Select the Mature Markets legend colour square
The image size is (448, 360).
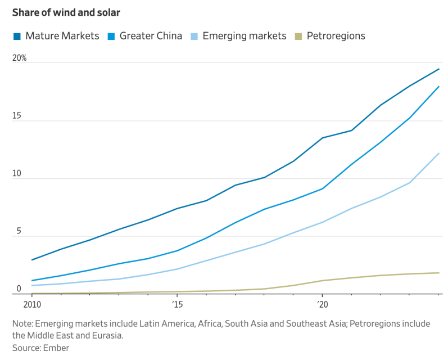click(x=17, y=37)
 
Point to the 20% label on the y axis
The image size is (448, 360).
click(x=19, y=58)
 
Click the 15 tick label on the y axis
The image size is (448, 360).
click(x=16, y=116)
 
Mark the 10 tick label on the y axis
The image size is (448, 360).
click(x=16, y=174)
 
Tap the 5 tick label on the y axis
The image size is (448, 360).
click(x=19, y=232)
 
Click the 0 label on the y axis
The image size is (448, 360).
click(x=19, y=289)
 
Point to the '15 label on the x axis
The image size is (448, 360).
click(x=178, y=305)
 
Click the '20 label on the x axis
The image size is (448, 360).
click(x=322, y=305)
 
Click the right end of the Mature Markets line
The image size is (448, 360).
click(x=438, y=69)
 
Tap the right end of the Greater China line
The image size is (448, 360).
click(x=438, y=87)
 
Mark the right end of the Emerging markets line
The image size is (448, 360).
click(x=438, y=154)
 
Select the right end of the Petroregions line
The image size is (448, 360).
click(x=438, y=273)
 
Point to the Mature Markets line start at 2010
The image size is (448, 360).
click(x=32, y=260)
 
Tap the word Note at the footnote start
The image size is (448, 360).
click(x=23, y=324)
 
